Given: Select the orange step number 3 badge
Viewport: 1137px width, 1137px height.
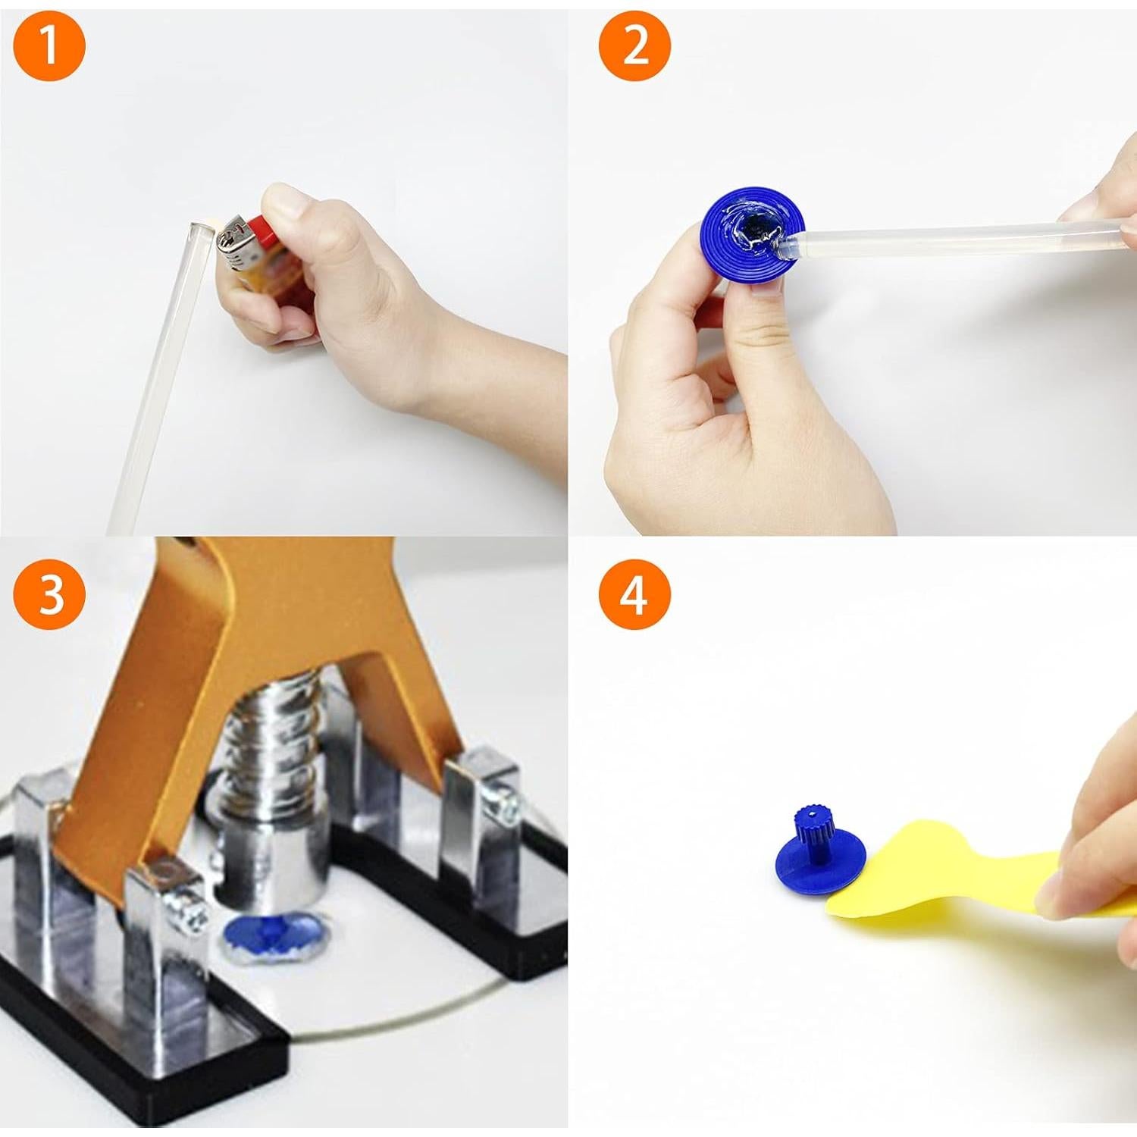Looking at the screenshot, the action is pyautogui.click(x=50, y=594).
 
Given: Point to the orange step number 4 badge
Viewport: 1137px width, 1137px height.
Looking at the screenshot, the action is pyautogui.click(x=635, y=594).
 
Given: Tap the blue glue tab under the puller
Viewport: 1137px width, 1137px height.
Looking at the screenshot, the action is pyautogui.click(x=274, y=937).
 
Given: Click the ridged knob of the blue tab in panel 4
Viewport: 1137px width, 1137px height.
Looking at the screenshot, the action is pyautogui.click(x=813, y=827).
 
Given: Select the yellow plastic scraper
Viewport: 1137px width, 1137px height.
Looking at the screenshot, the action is pyautogui.click(x=947, y=872).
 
